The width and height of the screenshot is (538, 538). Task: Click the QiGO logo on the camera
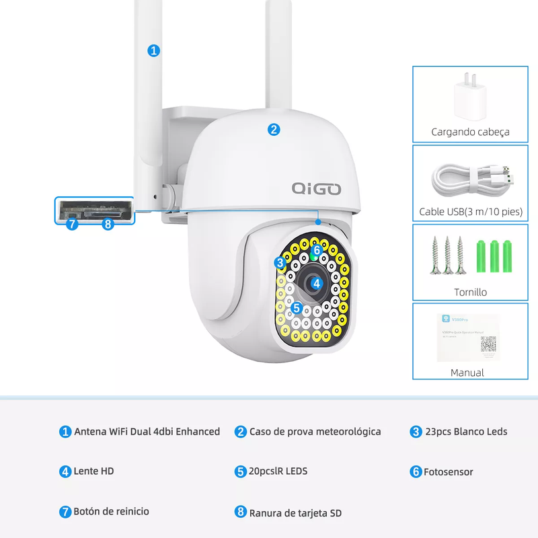317,188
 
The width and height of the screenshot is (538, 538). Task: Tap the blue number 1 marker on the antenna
154,50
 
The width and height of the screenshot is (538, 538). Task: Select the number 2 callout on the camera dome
274,130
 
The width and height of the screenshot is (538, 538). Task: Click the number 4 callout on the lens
316,283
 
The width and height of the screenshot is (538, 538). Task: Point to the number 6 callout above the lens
317,251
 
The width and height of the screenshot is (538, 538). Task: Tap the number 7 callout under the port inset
72,224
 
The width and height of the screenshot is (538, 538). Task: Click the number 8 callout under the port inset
108,224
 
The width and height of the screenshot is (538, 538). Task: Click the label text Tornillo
470,293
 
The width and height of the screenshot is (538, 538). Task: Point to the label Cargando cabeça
470,132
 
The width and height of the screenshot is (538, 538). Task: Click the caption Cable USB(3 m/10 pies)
471,212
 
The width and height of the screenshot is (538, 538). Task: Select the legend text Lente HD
93,471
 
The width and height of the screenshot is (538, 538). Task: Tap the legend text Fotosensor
448,472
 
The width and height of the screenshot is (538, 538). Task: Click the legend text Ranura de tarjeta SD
295,512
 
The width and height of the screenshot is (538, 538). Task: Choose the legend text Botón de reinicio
111,511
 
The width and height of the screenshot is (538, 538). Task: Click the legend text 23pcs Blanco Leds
466,432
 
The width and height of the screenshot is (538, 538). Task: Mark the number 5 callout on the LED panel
297,307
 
